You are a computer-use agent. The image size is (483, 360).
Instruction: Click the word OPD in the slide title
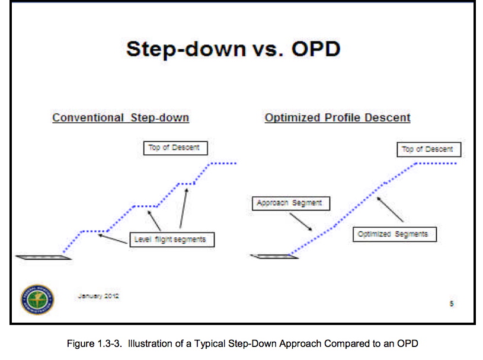[x=316, y=49]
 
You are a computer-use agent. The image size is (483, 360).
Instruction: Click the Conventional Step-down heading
[x=120, y=118]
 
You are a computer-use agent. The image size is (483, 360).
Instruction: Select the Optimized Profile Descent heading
[x=338, y=118]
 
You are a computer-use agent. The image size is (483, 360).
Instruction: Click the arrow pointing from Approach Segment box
[x=300, y=222]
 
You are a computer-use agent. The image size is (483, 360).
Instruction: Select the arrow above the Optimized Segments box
[x=390, y=209]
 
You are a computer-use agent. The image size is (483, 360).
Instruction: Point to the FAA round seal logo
[x=37, y=300]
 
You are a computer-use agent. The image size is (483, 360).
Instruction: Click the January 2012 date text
[x=98, y=296]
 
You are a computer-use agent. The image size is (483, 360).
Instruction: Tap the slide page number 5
[x=452, y=304]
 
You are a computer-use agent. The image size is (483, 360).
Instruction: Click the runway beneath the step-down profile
[x=43, y=257]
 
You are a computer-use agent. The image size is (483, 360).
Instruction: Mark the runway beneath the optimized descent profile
[x=274, y=256]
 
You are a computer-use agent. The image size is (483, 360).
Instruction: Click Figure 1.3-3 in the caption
[x=94, y=343]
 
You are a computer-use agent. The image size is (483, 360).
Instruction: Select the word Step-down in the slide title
[x=186, y=49]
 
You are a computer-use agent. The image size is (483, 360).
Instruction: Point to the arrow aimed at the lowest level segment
[x=113, y=239]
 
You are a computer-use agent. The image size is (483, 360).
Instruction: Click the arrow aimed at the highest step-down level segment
[x=184, y=208]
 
